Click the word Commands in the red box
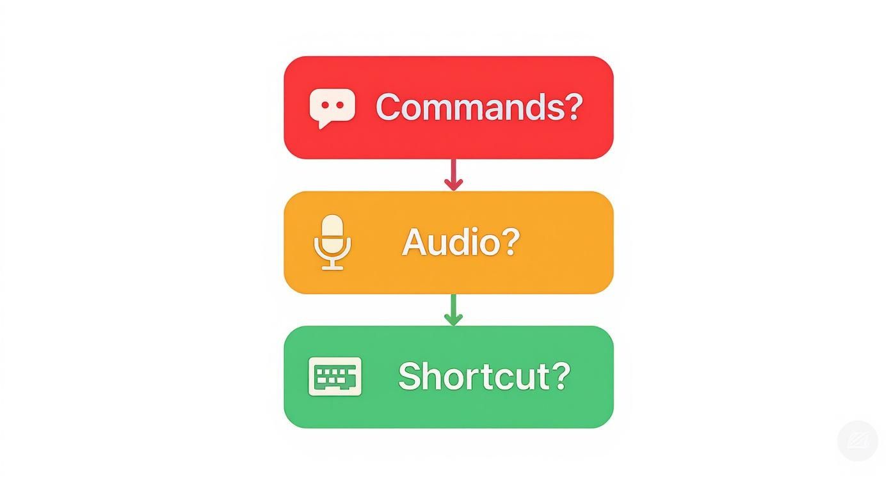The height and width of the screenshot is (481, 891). coord(470,107)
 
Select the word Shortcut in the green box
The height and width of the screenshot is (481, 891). coord(474,376)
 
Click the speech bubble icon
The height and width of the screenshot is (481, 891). coord(332,107)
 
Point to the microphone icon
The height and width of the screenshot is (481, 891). coord(332,242)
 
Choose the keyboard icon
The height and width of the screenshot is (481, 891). coord(335,376)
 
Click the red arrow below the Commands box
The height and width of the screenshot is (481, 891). coord(453,175)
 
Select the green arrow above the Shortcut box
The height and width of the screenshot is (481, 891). coord(453,311)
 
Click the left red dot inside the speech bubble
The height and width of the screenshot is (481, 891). coord(324,105)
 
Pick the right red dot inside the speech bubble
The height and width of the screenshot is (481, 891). coord(340,105)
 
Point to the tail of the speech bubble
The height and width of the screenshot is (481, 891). coord(322,124)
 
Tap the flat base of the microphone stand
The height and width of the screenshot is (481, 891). coord(332,267)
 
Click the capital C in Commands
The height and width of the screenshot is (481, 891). coord(389,107)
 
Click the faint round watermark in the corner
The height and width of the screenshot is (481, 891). coord(857,440)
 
